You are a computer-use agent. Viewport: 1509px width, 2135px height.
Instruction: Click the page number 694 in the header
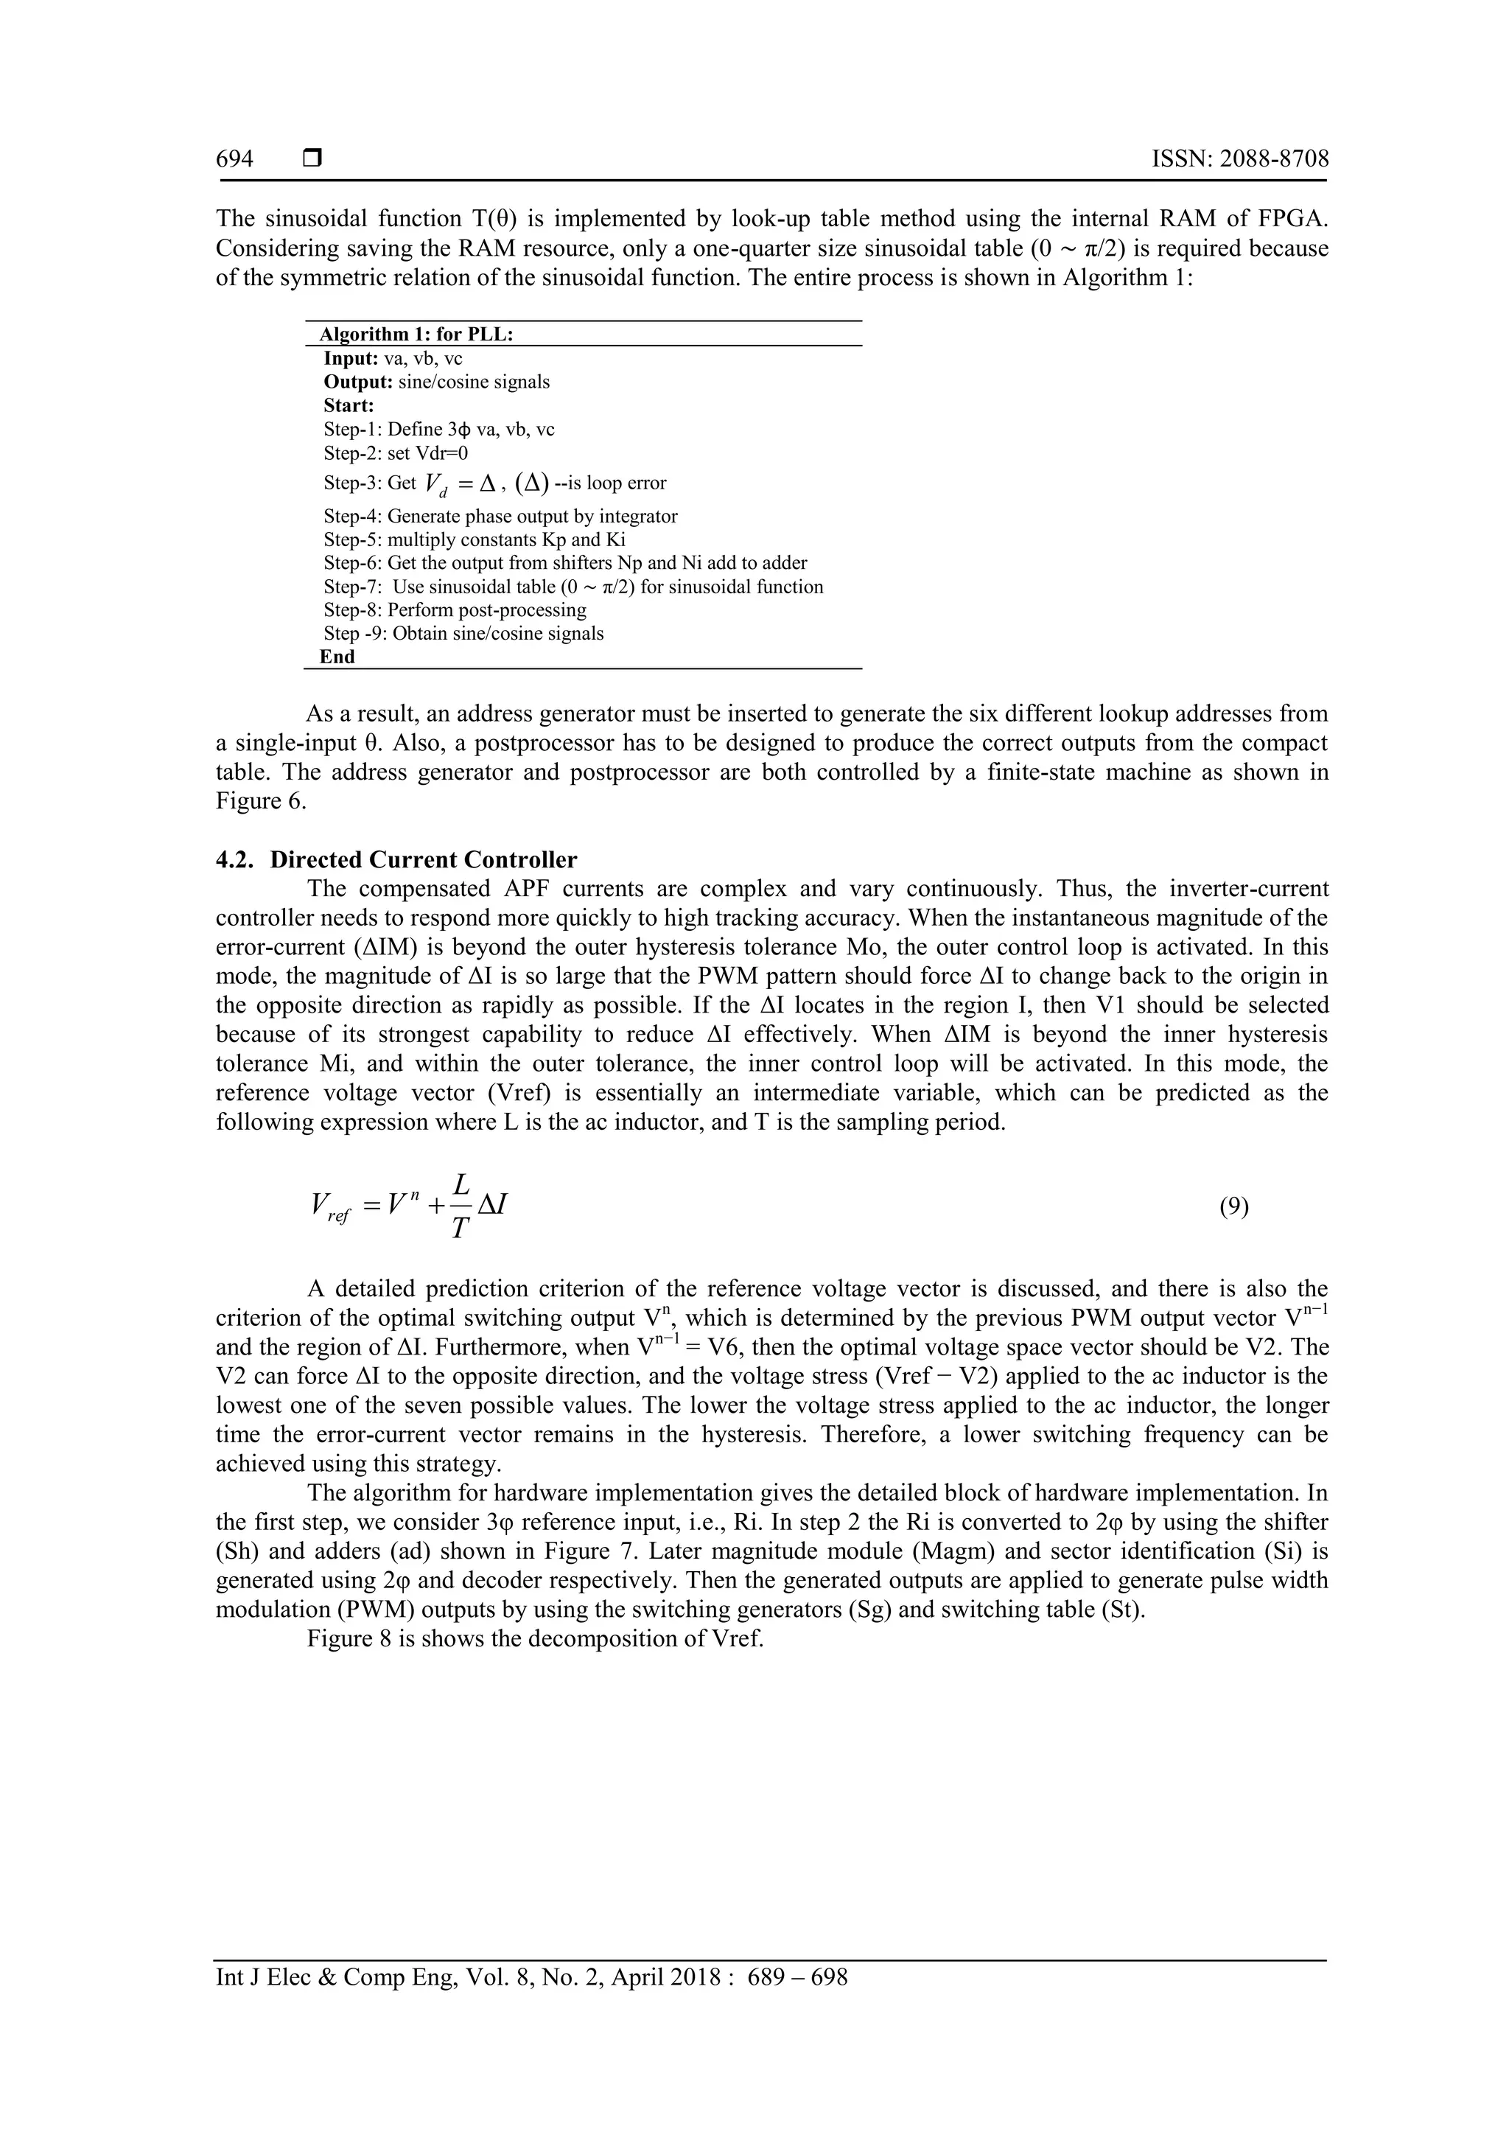pyautogui.click(x=234, y=159)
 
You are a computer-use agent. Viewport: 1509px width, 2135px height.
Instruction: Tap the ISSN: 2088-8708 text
pyautogui.click(x=1239, y=159)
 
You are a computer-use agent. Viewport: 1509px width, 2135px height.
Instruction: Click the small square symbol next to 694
pyautogui.click(x=312, y=159)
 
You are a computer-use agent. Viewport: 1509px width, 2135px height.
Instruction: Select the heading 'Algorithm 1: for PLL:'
pyautogui.click(x=416, y=335)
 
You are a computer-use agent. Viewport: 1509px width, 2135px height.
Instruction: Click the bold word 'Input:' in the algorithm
pyautogui.click(x=351, y=358)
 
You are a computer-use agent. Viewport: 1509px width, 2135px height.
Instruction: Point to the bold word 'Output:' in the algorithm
pyautogui.click(x=358, y=382)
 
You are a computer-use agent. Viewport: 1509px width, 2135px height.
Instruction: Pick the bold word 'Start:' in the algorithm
pyautogui.click(x=349, y=405)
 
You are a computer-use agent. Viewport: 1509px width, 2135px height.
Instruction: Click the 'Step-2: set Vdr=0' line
pyautogui.click(x=396, y=452)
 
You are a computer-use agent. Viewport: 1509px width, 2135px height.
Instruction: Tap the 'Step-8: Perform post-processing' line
pyautogui.click(x=455, y=610)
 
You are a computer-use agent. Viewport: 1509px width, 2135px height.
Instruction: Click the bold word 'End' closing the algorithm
pyautogui.click(x=337, y=657)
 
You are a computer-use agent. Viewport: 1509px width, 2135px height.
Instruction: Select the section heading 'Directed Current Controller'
pyautogui.click(x=423, y=859)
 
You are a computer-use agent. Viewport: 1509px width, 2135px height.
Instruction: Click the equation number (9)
pyautogui.click(x=1233, y=1206)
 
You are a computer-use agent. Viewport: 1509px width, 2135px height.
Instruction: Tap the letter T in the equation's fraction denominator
pyautogui.click(x=459, y=1229)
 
